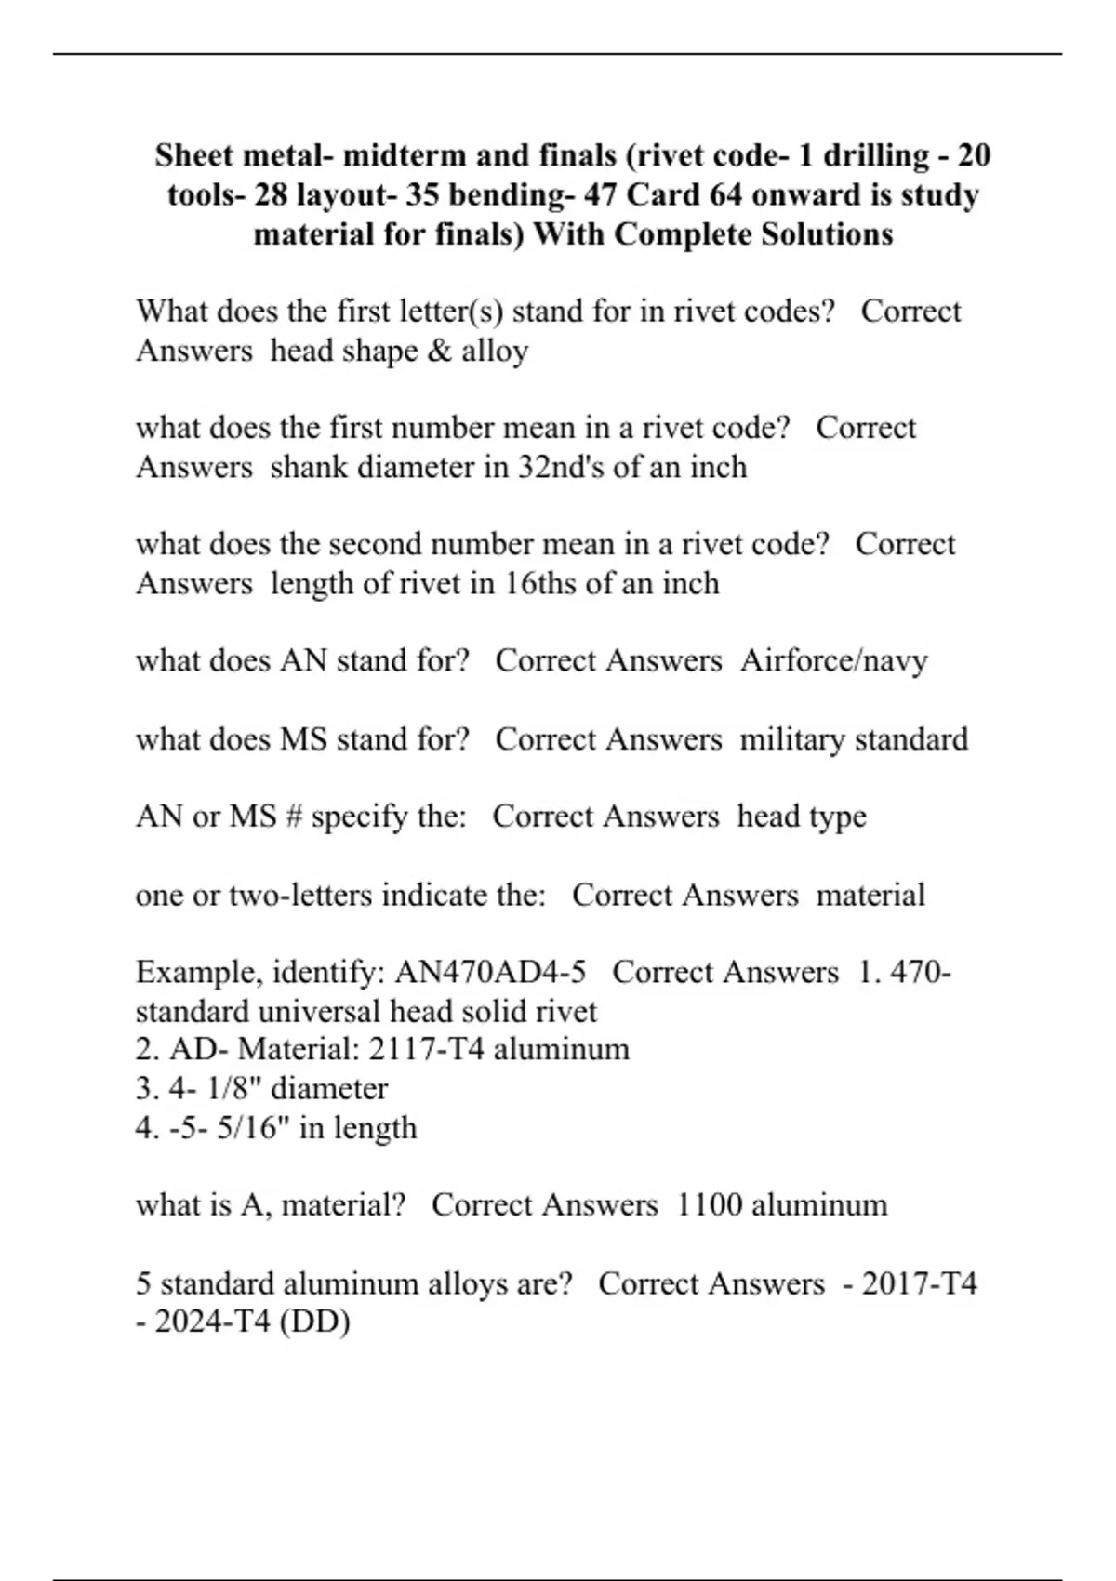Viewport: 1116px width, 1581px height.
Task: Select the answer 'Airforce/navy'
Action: [x=834, y=661]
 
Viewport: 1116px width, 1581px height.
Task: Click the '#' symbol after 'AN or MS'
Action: [x=293, y=817]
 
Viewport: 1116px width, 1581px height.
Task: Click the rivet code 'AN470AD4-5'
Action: [x=490, y=973]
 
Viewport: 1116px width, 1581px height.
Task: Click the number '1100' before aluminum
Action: [x=709, y=1205]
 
